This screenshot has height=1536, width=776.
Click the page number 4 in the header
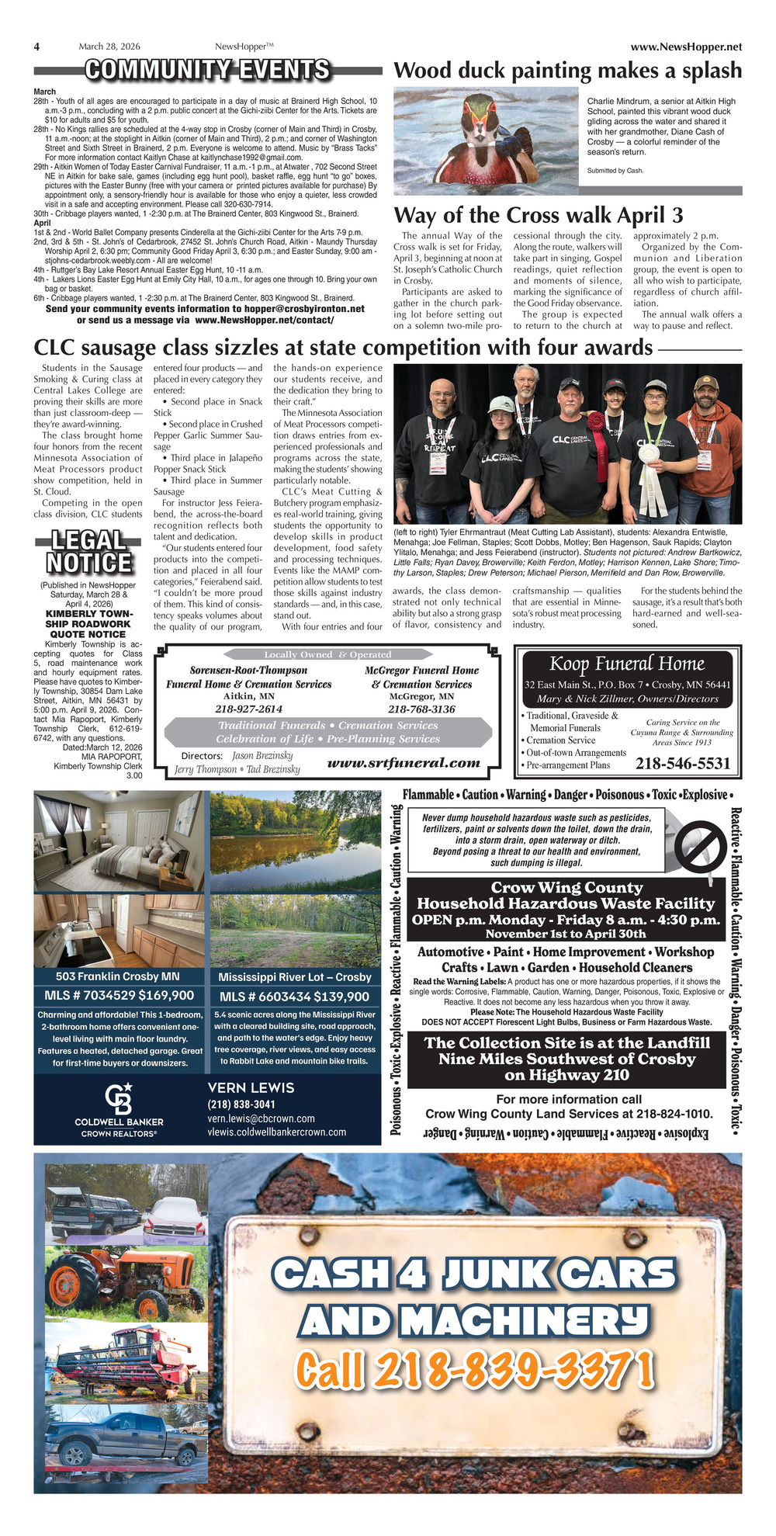36,47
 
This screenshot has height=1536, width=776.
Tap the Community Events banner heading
208,71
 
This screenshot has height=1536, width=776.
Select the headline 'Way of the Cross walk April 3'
539,215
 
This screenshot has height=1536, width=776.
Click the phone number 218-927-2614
248,709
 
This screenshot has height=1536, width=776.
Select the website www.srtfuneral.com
404,762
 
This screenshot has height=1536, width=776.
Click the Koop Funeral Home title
627,664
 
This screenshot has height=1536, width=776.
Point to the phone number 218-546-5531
683,764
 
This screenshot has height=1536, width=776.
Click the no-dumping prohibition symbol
699,843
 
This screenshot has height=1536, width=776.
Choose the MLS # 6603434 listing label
265,997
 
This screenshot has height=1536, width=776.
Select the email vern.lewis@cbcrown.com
261,1118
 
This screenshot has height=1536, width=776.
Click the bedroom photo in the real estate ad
119,840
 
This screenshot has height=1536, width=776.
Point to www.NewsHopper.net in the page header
686,47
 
